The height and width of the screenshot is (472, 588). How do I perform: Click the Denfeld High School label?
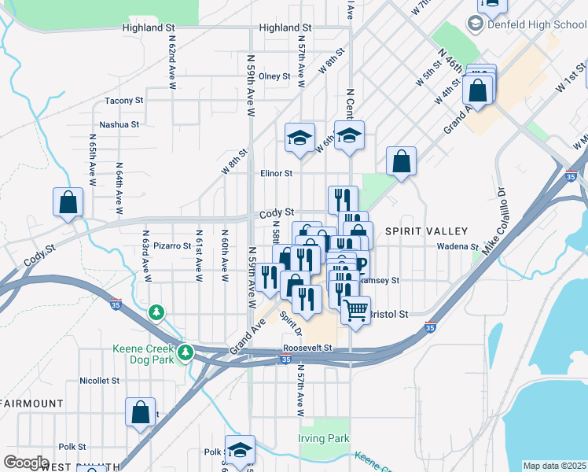[536, 25]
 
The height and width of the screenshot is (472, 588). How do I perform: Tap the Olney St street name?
[275, 76]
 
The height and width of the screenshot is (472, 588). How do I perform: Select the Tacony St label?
[124, 101]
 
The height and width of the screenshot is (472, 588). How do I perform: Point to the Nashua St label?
[119, 124]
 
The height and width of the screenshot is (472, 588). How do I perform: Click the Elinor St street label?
[277, 173]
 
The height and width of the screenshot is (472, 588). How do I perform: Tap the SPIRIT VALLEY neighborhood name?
[426, 231]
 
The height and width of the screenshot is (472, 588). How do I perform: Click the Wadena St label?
[458, 246]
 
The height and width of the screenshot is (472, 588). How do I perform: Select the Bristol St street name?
[391, 314]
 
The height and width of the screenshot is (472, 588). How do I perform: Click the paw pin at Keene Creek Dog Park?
[185, 352]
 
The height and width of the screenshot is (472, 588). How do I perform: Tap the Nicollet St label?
[99, 380]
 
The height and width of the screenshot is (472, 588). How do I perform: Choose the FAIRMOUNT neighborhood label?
[32, 404]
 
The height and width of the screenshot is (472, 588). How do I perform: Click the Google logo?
[25, 463]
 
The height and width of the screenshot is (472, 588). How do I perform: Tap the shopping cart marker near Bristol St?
[355, 311]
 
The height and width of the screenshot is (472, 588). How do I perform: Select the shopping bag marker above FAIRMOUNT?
[140, 413]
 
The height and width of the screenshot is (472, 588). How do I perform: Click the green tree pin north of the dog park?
[157, 313]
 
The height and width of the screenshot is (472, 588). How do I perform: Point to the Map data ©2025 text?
[554, 466]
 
